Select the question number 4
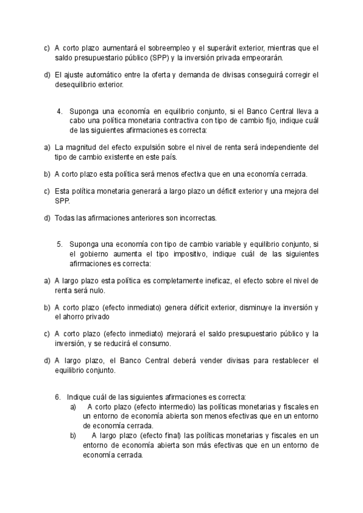pyautogui.click(x=60, y=111)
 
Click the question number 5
pyautogui.click(x=60, y=244)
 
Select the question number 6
pyautogui.click(x=57, y=397)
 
